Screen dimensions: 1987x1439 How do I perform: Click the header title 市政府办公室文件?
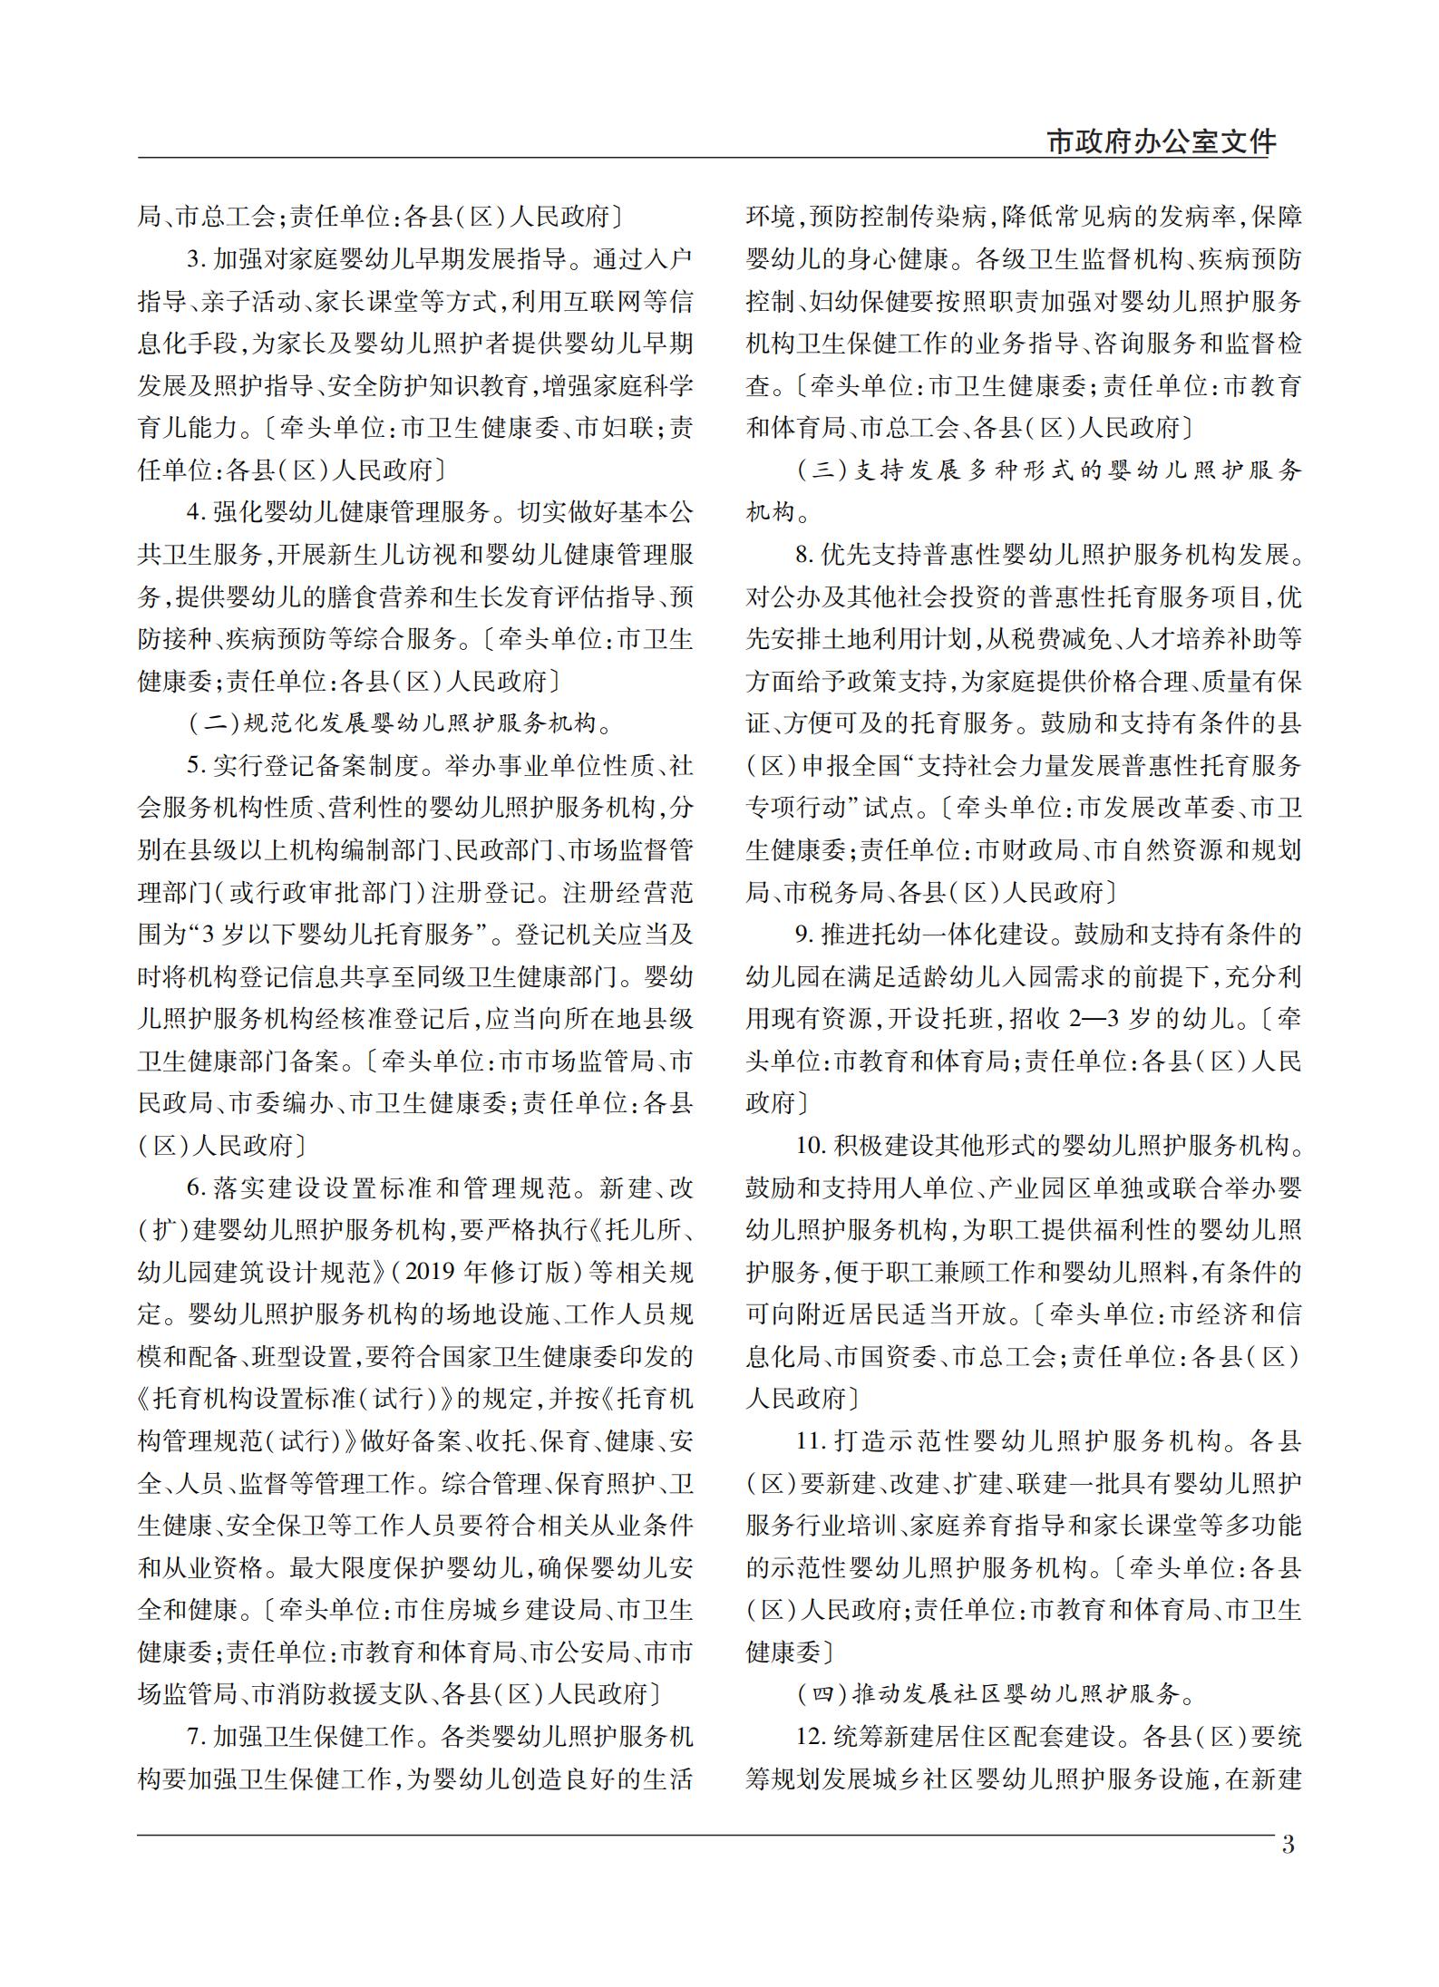pyautogui.click(x=1161, y=141)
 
